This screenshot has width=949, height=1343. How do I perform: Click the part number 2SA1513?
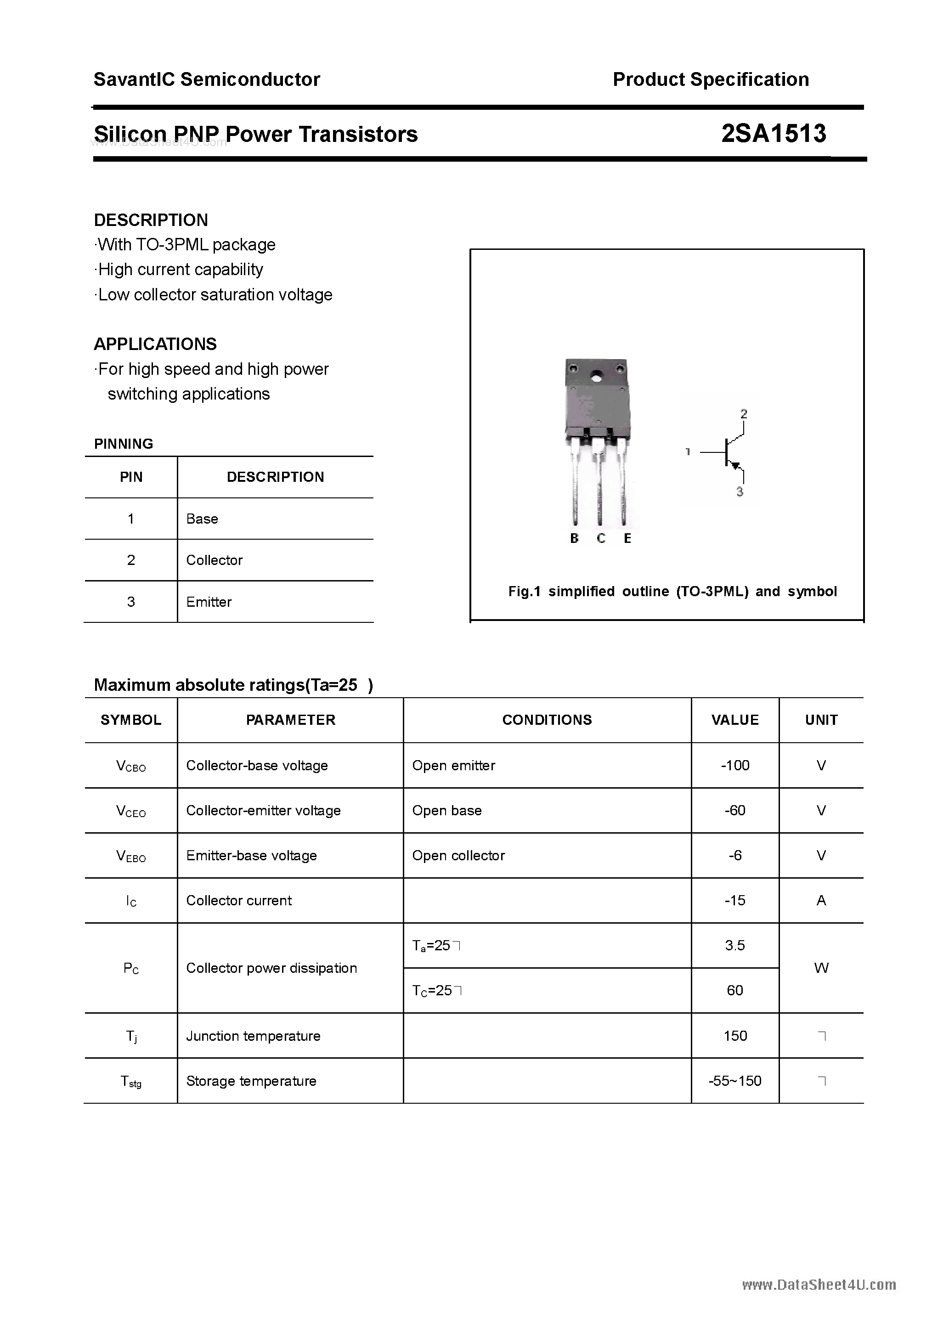774,134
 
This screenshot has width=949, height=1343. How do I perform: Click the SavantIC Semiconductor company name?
207,79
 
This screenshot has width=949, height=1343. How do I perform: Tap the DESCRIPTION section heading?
151,220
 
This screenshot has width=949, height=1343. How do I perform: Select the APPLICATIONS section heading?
155,344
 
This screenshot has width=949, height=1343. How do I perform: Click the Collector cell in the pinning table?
214,560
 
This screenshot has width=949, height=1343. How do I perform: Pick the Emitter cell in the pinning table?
209,602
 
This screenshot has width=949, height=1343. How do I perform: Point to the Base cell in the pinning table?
202,519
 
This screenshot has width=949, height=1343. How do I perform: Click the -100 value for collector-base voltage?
735,765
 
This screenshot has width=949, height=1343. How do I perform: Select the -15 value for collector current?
735,900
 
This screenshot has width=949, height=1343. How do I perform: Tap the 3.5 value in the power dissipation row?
735,945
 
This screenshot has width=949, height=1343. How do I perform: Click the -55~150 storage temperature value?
735,1081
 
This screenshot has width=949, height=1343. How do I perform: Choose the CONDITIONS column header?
547,720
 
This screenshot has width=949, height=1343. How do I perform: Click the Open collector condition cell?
458,855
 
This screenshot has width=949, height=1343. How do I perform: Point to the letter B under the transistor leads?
574,538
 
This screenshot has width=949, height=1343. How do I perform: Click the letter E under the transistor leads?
627,538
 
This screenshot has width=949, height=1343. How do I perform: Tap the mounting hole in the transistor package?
597,377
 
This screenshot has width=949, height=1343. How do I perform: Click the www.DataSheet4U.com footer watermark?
819,1285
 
